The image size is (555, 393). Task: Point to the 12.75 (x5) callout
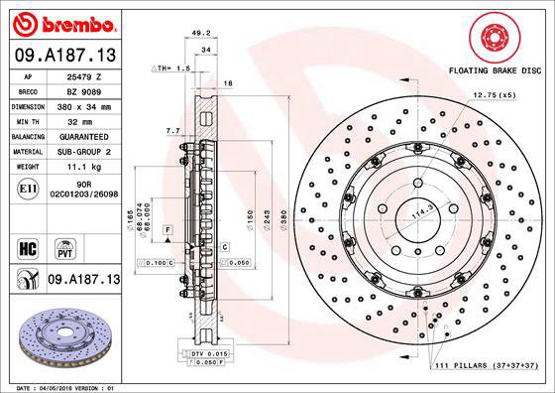tap(495, 94)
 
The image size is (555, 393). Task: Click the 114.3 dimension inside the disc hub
tap(402, 212)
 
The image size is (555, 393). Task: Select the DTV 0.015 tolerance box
tap(209, 352)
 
